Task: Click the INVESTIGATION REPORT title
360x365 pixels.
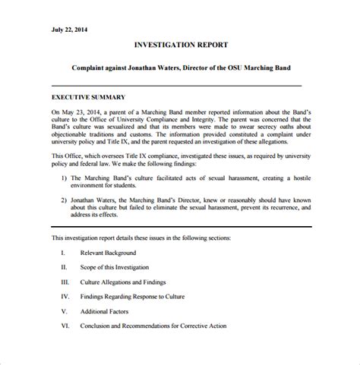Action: [180, 46]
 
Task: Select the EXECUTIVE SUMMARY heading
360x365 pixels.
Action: [88, 98]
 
